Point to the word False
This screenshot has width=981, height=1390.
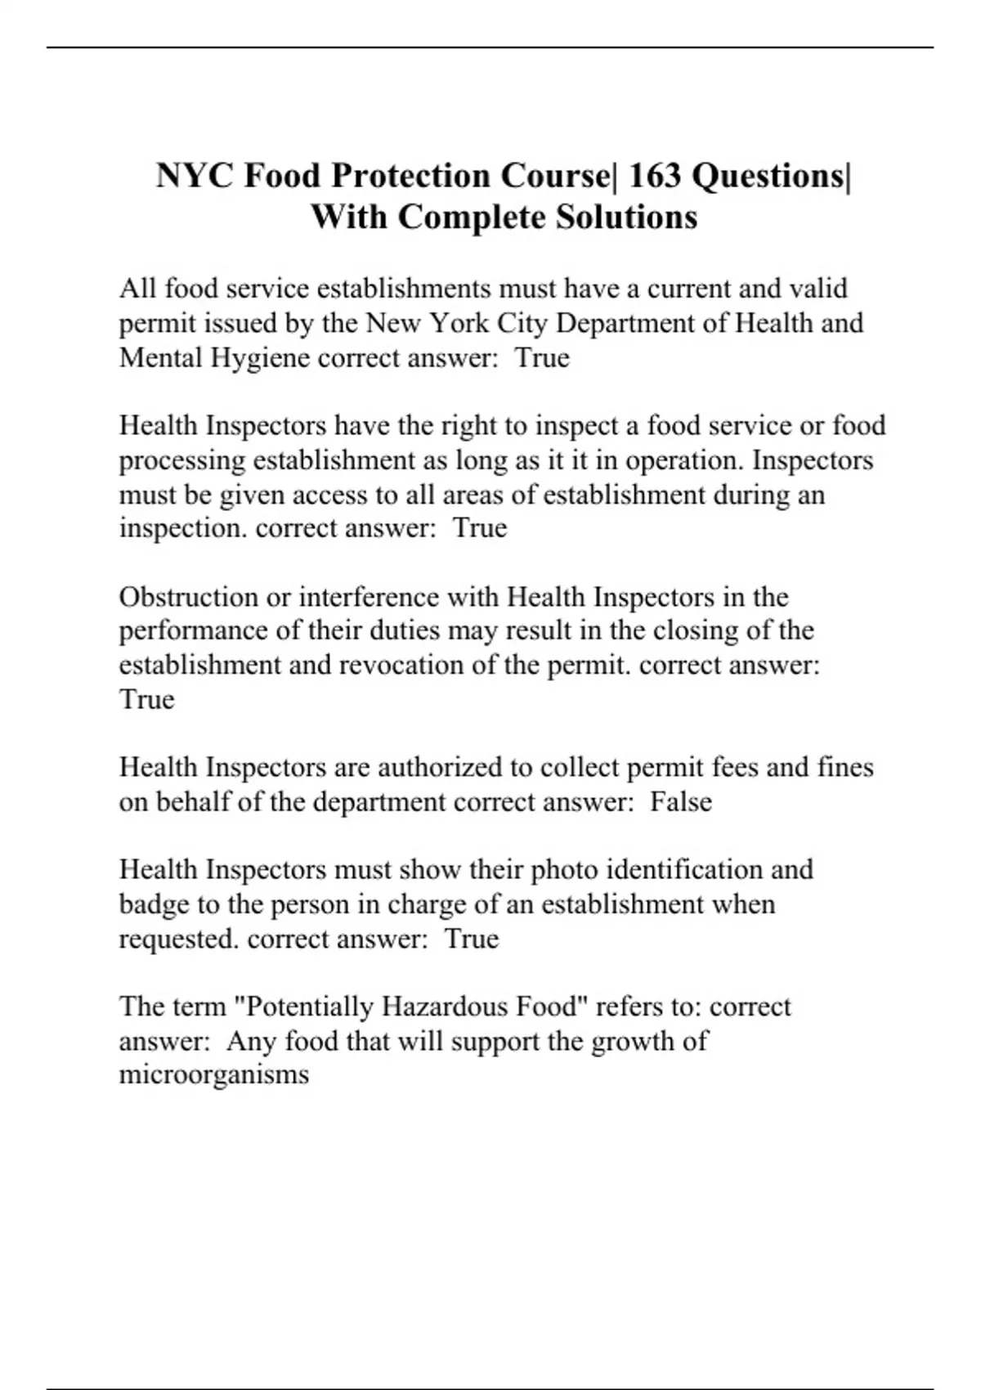(681, 802)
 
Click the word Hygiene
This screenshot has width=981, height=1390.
(261, 358)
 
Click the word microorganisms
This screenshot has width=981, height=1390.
(214, 1074)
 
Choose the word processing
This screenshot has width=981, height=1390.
(182, 461)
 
